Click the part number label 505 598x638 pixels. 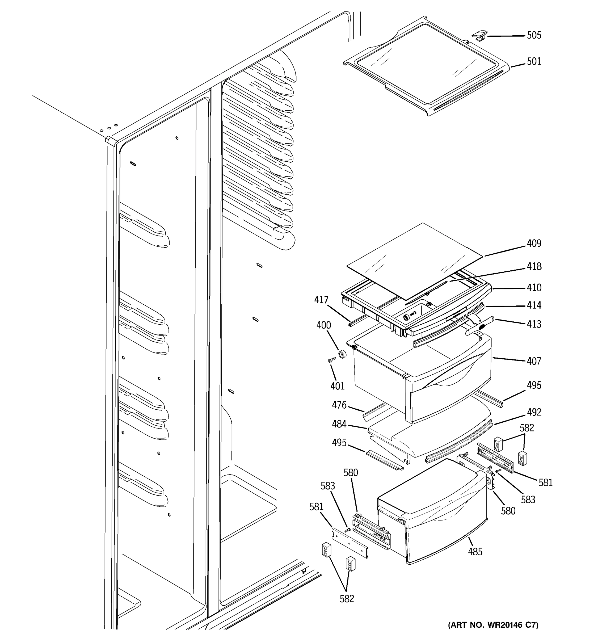click(534, 35)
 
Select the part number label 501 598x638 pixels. click(534, 61)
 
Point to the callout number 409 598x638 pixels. click(534, 244)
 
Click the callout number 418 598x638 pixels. click(534, 266)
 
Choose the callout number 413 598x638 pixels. click(534, 324)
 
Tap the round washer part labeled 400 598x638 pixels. click(343, 355)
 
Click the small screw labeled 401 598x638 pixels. click(332, 360)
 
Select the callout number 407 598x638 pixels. click(534, 361)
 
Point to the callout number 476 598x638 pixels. click(339, 405)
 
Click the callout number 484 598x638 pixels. click(339, 424)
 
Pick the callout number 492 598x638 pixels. click(534, 412)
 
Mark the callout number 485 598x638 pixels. click(475, 552)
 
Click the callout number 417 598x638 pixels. click(321, 300)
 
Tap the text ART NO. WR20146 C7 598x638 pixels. click(493, 625)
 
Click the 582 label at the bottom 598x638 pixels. click(347, 599)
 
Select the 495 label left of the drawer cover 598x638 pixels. click(339, 443)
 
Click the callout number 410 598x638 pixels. click(534, 288)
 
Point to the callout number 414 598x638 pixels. click(534, 305)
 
